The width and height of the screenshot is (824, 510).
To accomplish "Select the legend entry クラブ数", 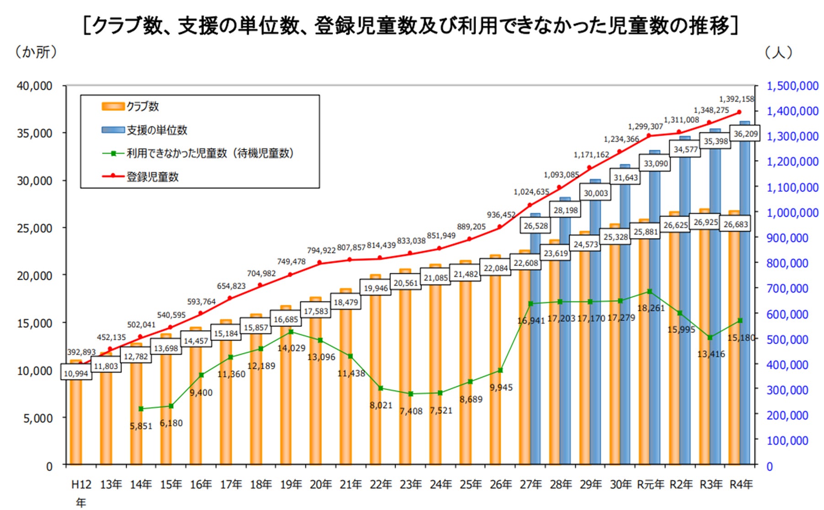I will (142, 106).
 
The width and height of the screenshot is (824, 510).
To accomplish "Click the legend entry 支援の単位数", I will (156, 130).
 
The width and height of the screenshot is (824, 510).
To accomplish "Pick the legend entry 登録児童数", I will (152, 177).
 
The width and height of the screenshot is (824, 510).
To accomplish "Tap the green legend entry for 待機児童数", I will (209, 153).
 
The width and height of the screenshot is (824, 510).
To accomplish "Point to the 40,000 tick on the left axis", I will (35, 86).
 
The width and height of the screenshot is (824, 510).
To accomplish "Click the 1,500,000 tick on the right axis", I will (792, 86).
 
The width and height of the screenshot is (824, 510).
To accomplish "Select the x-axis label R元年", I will (650, 484).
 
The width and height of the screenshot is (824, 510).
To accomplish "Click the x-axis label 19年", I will (291, 484).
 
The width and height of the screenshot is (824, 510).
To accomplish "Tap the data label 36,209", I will (745, 134).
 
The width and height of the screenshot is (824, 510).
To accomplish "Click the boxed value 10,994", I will (76, 374).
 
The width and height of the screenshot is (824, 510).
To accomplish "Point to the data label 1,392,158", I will (736, 99).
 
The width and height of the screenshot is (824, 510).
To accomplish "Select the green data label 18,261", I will (651, 308).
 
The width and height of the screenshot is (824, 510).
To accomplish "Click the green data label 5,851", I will (141, 426).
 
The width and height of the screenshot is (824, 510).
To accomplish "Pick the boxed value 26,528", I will (535, 226).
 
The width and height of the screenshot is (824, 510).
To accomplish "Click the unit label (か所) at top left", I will (36, 52).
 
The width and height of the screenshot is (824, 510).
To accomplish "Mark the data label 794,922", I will (321, 250).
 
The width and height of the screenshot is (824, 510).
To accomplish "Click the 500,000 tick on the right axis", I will (787, 340).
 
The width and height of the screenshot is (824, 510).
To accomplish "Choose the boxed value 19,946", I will (375, 288).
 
